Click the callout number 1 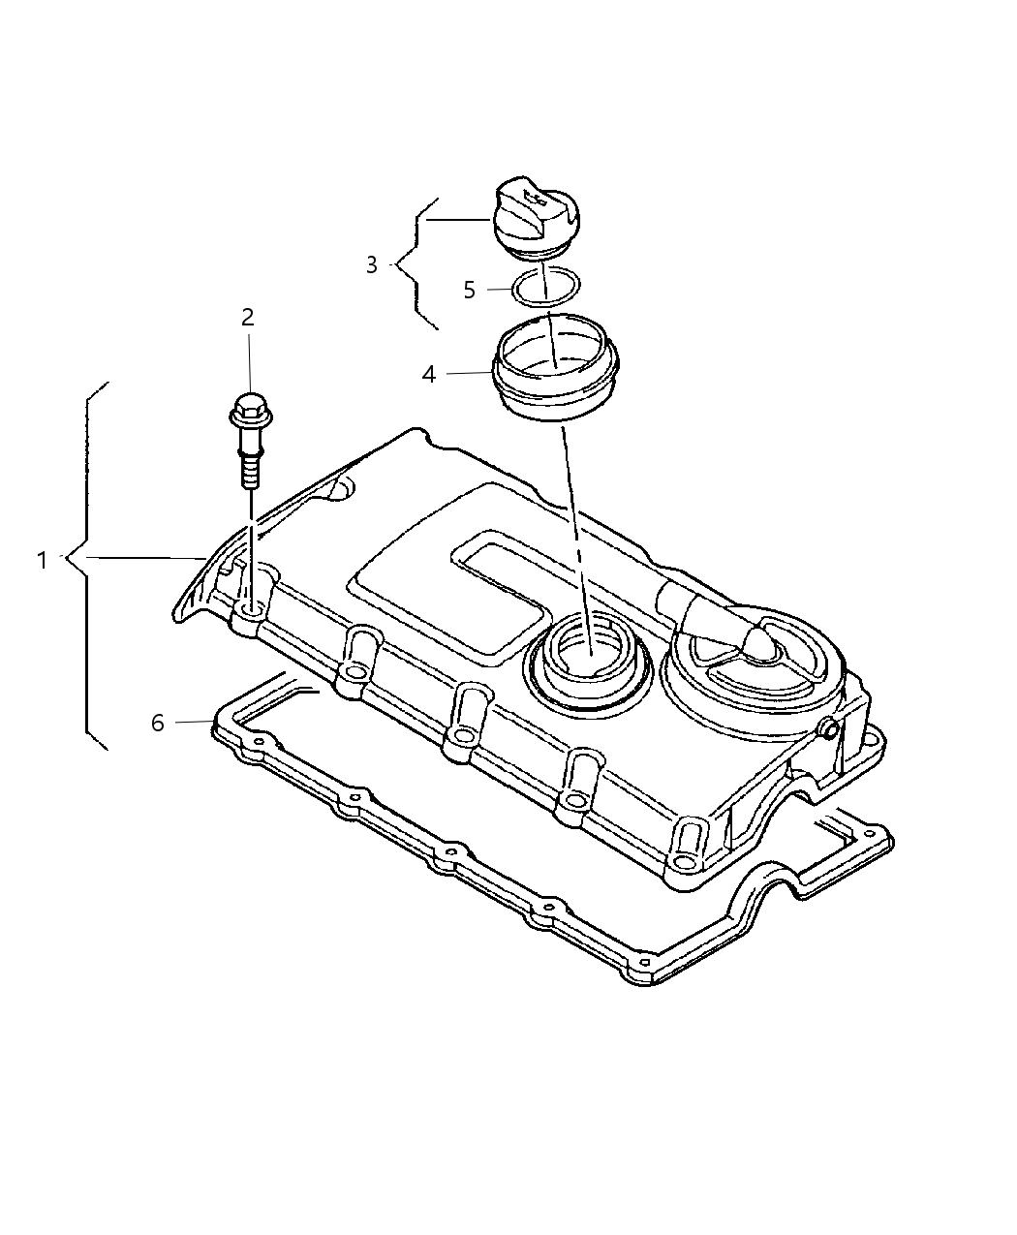42,560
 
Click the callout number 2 248,317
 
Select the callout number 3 372,264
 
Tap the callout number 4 429,374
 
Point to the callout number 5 469,290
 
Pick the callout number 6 158,723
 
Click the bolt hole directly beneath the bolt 250,611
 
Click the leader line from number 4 470,373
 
